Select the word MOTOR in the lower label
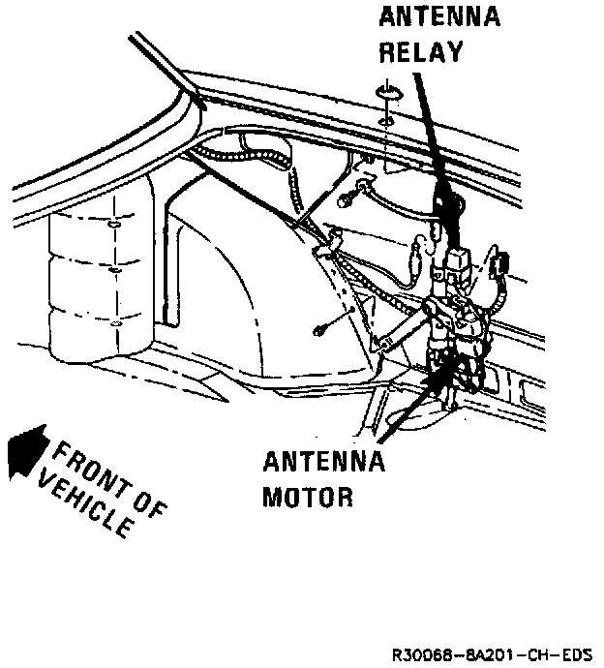[x=308, y=496]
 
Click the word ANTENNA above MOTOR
[x=323, y=461]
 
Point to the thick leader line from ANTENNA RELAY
[x=432, y=145]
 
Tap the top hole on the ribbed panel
[x=113, y=225]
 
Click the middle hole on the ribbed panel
[x=114, y=270]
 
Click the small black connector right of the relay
[x=501, y=264]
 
